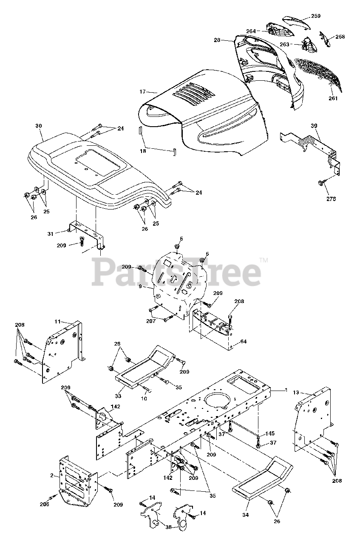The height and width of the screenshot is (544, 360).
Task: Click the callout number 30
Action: coord(39,126)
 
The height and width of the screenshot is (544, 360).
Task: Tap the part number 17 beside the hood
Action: coord(142,91)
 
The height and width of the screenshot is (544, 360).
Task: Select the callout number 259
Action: coord(316,16)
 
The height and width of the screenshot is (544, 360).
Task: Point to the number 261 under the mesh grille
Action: coord(333,99)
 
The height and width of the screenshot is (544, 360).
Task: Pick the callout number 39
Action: coord(314,126)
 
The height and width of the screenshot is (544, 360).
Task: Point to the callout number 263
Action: coord(285,44)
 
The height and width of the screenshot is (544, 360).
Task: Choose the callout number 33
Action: coord(118,396)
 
